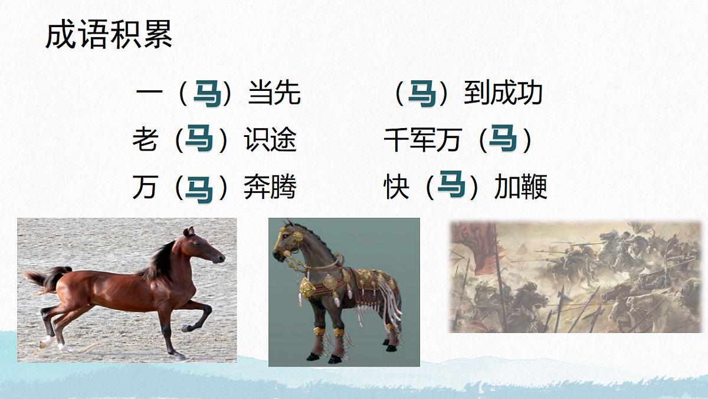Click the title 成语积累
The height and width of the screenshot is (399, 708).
(x=109, y=35)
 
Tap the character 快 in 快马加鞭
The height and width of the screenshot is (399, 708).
(x=396, y=188)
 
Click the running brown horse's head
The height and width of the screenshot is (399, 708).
(x=204, y=248)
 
